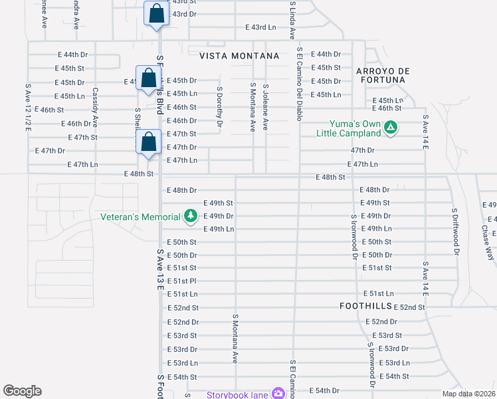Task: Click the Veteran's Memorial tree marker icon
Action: (191, 216)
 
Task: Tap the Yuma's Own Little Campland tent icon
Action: (391, 126)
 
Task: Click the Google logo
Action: (22, 391)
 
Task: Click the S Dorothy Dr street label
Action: (219, 105)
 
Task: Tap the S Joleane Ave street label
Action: (265, 106)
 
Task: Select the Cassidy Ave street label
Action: (96, 107)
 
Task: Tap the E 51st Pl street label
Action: (181, 281)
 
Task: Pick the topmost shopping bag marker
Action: (156, 15)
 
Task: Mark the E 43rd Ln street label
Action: (260, 27)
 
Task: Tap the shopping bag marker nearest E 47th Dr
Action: (149, 143)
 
